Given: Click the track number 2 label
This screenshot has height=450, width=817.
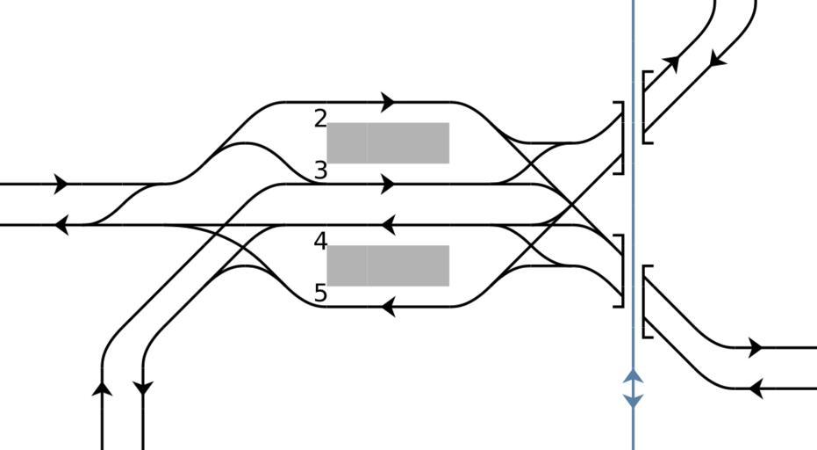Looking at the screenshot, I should tap(320, 119).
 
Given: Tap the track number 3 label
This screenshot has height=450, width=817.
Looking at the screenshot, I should tap(320, 171).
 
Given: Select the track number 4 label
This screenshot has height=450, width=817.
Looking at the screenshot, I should tap(320, 241).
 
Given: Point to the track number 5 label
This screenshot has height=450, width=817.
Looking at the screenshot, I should tap(320, 293).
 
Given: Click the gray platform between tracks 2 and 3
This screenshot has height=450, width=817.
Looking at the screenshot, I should tap(388, 142).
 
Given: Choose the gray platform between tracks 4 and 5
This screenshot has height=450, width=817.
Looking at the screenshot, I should tap(388, 265).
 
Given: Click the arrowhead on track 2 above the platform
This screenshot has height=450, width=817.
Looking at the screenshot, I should tap(389, 103).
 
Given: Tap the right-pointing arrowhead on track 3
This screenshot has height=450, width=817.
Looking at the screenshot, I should tap(389, 185).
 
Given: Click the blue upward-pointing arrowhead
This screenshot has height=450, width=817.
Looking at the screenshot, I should tap(634, 376).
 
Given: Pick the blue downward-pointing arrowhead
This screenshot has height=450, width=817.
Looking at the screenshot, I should tap(634, 401).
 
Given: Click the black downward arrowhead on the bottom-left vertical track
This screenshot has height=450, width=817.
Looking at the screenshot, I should tap(143, 387).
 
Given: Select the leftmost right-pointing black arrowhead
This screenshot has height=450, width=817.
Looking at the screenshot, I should tap(61, 185).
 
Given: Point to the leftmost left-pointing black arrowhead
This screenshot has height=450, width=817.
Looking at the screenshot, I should tap(61, 225).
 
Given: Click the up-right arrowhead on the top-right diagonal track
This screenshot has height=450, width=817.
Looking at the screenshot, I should tap(672, 62).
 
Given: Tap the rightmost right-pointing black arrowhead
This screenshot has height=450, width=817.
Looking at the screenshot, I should tap(756, 347).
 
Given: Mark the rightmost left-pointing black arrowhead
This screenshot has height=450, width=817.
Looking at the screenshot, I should tap(756, 388).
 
